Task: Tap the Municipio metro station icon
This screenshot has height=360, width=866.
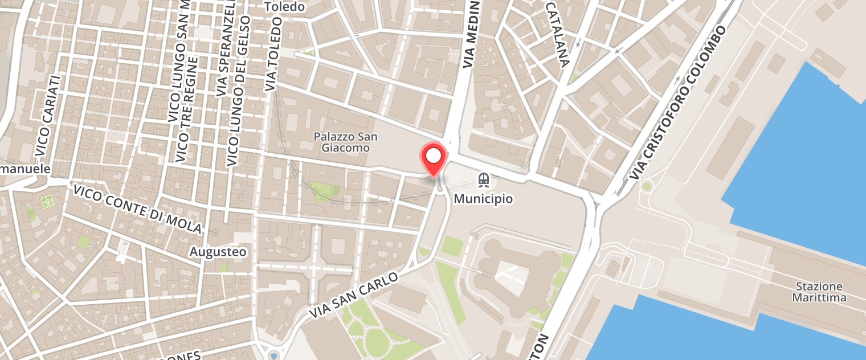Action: (x=484, y=181)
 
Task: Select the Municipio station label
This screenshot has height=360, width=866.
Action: (x=483, y=199)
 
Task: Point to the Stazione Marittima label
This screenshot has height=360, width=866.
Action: (x=820, y=292)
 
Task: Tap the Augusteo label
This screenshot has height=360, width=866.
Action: (x=218, y=251)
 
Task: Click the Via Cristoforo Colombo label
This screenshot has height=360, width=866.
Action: (x=678, y=103)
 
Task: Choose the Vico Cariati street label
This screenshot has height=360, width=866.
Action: (x=47, y=116)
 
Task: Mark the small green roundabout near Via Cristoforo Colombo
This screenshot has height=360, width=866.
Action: (x=646, y=186)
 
